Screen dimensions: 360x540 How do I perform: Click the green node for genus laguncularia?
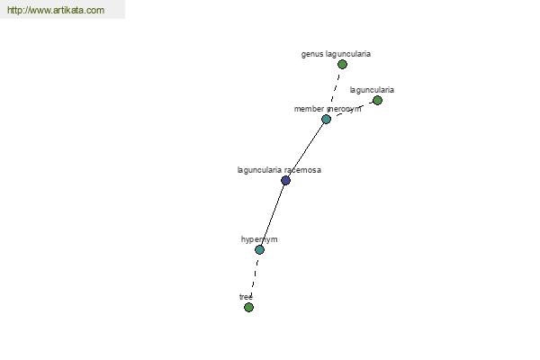pyautogui.click(x=342, y=64)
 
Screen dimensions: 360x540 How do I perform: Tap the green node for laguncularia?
pyautogui.click(x=377, y=100)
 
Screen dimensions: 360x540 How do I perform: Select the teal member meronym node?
pyautogui.click(x=326, y=119)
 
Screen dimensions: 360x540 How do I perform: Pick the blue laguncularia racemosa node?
pyautogui.click(x=285, y=180)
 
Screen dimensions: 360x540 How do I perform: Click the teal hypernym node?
pyautogui.click(x=259, y=249)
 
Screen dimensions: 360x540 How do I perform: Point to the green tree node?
pyautogui.click(x=248, y=307)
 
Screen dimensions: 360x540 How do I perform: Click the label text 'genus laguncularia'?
pyautogui.click(x=336, y=54)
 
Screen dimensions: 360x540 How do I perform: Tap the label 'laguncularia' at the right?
pyautogui.click(x=372, y=90)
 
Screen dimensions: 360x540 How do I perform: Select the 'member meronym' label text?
pyautogui.click(x=328, y=109)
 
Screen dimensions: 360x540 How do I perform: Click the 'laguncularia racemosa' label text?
pyautogui.click(x=279, y=170)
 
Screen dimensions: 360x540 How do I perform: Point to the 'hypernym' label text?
pyautogui.click(x=259, y=239)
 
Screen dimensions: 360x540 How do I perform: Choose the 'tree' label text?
pyautogui.click(x=246, y=297)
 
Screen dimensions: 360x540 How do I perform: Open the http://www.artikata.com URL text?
pyautogui.click(x=55, y=10)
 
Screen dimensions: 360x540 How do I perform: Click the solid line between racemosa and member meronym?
pyautogui.click(x=306, y=149)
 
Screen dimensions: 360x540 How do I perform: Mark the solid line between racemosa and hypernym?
pyautogui.click(x=273, y=214)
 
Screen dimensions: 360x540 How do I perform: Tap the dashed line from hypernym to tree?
pyautogui.click(x=254, y=278)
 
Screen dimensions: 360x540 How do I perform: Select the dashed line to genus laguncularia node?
pyautogui.click(x=335, y=90)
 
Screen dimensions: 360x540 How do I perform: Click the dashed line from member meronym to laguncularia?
pyautogui.click(x=352, y=109)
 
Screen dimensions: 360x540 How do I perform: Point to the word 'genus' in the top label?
pyautogui.click(x=312, y=54)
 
